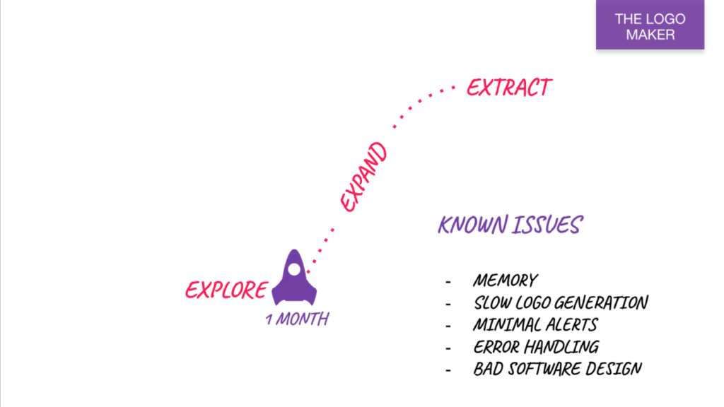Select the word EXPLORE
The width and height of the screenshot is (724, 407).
(x=226, y=290)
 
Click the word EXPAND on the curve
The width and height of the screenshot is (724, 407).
(x=364, y=177)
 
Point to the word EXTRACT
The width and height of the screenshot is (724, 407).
(x=508, y=88)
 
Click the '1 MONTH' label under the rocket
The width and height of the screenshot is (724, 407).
(x=297, y=319)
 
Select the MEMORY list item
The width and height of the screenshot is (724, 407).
(x=505, y=281)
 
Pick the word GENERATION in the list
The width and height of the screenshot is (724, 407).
(x=601, y=303)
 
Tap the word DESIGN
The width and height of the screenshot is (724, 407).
(x=617, y=369)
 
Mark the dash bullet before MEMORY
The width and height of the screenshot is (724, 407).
(x=448, y=281)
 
